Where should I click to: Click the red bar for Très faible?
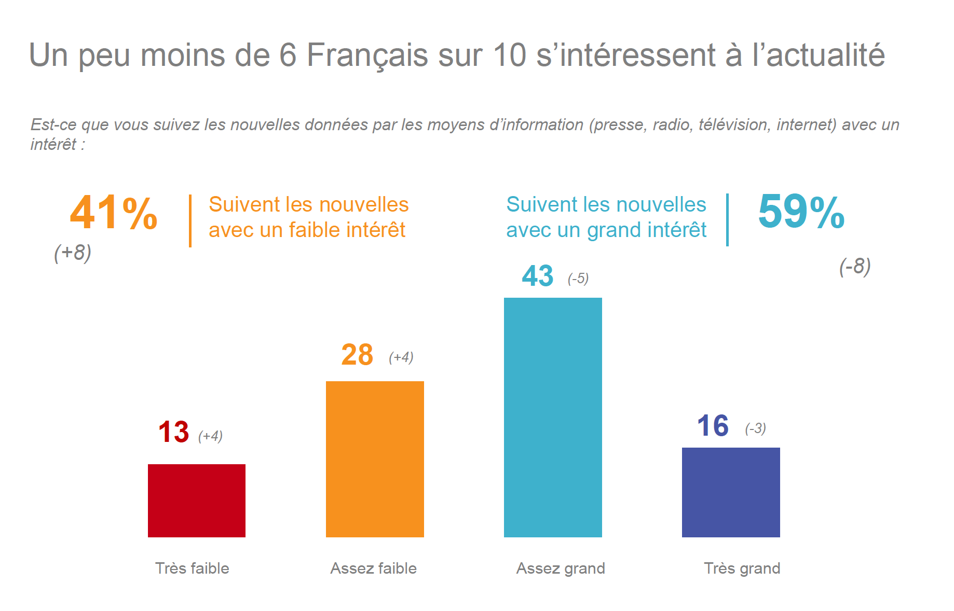click(x=197, y=501)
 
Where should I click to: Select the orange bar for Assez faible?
click(x=375, y=459)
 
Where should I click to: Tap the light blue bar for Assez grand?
click(x=553, y=417)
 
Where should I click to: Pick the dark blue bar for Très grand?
click(x=731, y=492)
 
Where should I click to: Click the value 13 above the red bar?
click(x=173, y=432)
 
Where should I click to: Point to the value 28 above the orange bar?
click(x=357, y=355)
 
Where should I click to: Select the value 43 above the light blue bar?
click(x=538, y=276)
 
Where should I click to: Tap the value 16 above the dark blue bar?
click(x=713, y=426)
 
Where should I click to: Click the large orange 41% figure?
click(x=114, y=213)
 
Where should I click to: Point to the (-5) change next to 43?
click(x=578, y=279)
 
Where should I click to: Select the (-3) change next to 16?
click(x=756, y=428)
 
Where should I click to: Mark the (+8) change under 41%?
click(x=73, y=253)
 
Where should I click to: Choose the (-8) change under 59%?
click(x=855, y=266)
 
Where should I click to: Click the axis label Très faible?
click(x=192, y=568)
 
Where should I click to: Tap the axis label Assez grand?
click(x=561, y=568)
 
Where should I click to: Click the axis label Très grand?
click(x=742, y=568)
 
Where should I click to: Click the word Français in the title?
click(x=367, y=55)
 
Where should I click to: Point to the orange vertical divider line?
click(x=190, y=221)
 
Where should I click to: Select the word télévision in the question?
click(x=733, y=125)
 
